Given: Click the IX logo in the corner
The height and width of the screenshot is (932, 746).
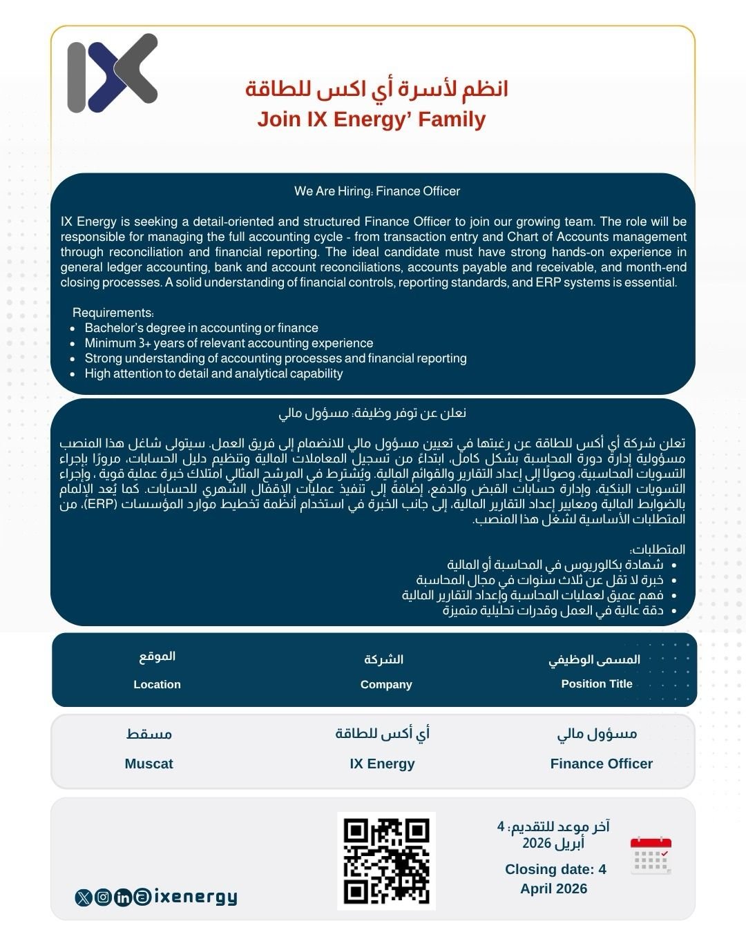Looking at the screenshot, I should coord(113,73).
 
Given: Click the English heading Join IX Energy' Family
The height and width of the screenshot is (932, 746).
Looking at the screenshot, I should coord(372,119).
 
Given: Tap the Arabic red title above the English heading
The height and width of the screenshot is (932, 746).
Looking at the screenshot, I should coord(376,89).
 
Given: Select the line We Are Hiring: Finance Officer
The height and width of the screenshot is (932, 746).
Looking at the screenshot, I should coord(377,191).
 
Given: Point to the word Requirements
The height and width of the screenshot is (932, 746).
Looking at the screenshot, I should coord(113,313).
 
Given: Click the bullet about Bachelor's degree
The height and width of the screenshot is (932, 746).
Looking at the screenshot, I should coord(202,328).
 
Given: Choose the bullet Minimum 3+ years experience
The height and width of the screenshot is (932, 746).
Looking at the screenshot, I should coord(229,343).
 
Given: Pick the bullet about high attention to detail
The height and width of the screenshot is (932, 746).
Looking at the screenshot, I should coord(213,373).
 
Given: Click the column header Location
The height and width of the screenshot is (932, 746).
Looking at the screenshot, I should coord(157,684).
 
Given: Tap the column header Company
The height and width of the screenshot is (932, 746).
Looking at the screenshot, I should coord(386,684).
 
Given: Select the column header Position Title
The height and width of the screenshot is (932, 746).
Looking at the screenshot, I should coord(597,683).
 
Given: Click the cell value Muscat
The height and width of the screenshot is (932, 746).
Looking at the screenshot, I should coord(149,764).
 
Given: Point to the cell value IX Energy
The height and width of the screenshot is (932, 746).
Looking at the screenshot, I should coord(382,764).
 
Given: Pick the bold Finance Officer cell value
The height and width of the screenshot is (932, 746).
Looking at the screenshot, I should coord(601,764).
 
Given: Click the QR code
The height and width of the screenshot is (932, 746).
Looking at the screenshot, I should coord(386,861).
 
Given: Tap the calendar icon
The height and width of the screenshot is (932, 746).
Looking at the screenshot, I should coord(651,855).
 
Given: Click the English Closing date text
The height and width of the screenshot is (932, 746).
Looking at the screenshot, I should coord(555,879).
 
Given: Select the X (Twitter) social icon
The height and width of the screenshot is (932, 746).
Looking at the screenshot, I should coord(84,897).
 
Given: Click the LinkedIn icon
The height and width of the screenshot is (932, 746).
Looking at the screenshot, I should coord(123,897).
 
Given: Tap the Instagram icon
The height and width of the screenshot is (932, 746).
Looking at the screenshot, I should coord(103,897).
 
